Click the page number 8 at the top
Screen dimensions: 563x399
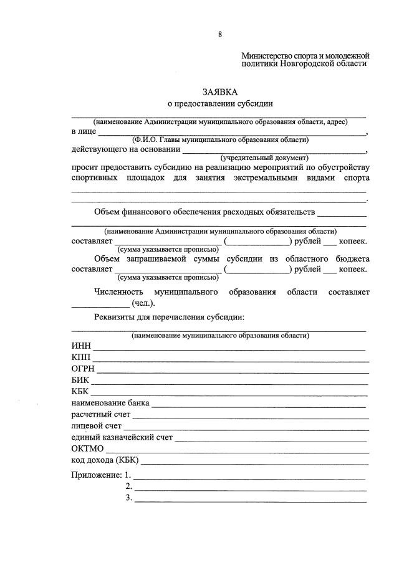(219, 34)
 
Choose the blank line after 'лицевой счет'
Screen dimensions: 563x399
(246, 428)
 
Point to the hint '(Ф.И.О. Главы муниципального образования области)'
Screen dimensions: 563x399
(220, 140)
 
